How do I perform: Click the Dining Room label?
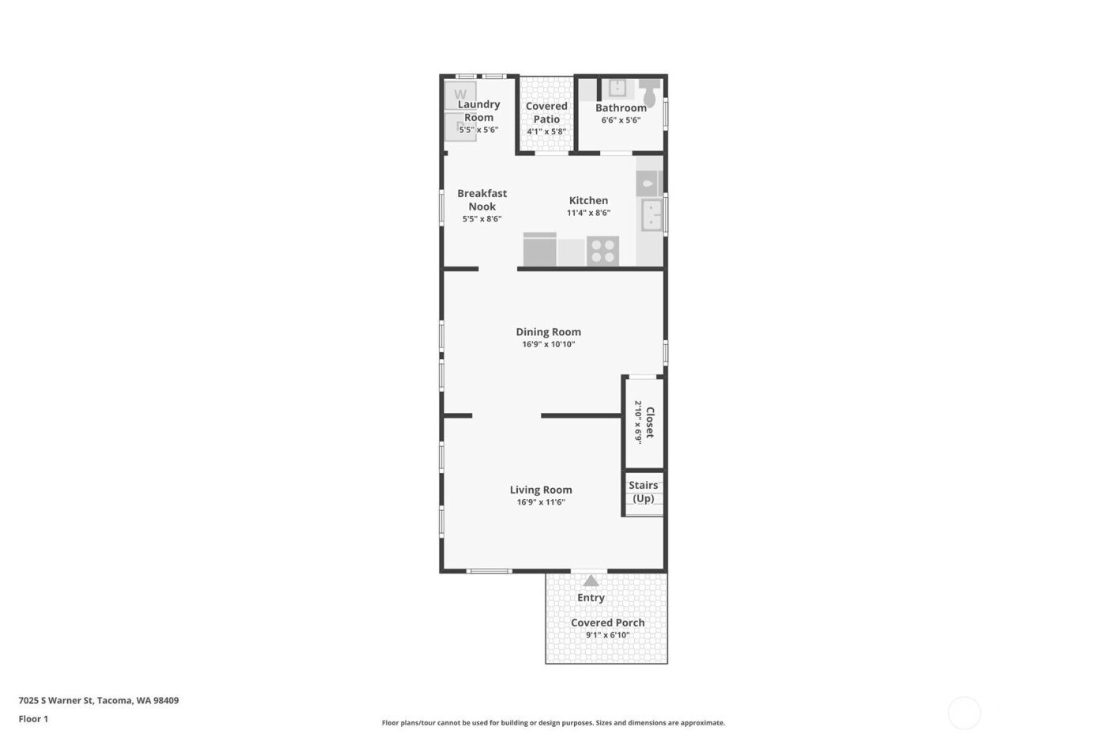[x=548, y=332]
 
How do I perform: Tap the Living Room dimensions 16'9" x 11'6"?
[x=541, y=502]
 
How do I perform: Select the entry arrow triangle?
[x=591, y=581]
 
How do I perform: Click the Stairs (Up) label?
[x=643, y=492]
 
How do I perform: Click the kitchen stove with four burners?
[x=603, y=252]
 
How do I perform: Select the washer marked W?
[x=460, y=95]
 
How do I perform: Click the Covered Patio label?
[x=546, y=112]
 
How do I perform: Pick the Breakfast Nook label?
[x=482, y=199]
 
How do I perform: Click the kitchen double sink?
[x=652, y=214]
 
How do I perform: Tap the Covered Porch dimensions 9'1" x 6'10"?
[x=607, y=634]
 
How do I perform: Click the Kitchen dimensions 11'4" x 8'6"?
[x=588, y=213]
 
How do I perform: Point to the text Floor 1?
[x=33, y=719]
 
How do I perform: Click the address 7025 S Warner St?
[x=56, y=700]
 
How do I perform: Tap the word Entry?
[x=591, y=598]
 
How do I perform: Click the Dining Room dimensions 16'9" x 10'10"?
[x=548, y=345]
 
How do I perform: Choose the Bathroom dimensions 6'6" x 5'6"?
[x=621, y=120]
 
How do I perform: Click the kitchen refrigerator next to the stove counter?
[x=539, y=249]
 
